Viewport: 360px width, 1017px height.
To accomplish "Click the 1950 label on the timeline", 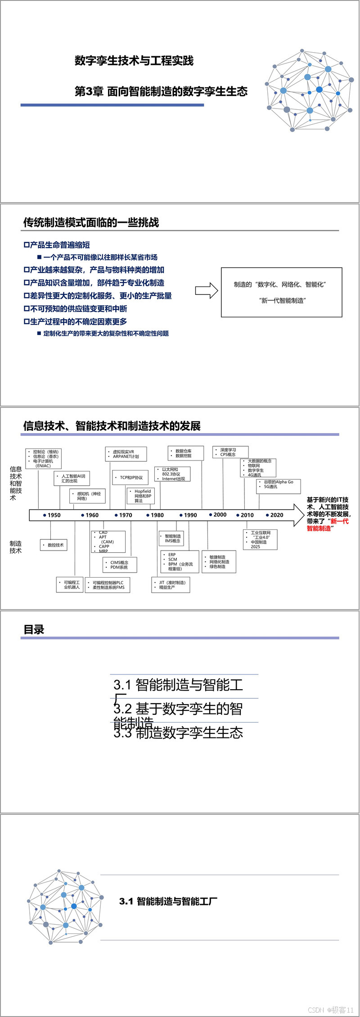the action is tap(54, 515).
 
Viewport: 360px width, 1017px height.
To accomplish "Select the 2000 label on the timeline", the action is tap(220, 515).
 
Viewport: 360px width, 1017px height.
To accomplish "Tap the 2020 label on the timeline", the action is tap(276, 515).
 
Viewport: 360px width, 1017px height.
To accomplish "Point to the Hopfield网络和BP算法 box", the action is tap(140, 496).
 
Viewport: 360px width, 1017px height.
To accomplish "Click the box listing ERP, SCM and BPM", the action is tap(180, 561).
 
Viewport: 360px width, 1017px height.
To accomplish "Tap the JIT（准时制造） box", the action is tap(171, 585).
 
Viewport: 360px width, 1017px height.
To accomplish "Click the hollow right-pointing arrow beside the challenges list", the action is tap(207, 290).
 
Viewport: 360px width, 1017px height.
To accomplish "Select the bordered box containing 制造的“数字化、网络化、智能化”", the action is tap(281, 292).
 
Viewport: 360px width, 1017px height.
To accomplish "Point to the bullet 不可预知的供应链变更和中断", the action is tap(76, 309).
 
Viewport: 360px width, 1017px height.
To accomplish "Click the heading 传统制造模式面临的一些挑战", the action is tap(91, 222).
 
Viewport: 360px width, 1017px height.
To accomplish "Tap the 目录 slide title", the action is tap(34, 630).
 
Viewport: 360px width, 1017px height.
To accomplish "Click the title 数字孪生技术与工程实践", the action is tap(134, 61).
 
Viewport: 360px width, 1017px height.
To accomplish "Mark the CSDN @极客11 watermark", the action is tap(331, 1010).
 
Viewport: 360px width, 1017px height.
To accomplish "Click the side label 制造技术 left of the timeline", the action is tap(16, 547).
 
